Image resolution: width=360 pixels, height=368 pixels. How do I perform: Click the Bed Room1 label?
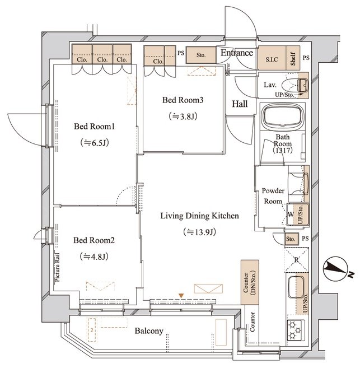coord(94,127)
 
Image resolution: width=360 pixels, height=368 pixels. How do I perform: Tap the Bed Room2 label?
coord(94,240)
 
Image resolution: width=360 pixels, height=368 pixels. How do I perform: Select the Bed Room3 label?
coord(183,100)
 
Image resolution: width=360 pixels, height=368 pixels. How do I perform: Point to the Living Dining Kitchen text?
coord(199,216)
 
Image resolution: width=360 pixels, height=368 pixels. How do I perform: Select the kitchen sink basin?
coord(296,287)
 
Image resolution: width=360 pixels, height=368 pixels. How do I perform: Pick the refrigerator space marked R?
coord(296,260)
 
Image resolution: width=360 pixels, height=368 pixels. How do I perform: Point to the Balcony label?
coord(149,331)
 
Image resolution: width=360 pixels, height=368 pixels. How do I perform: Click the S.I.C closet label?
coord(272,59)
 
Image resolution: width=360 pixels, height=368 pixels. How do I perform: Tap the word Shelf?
coord(293,58)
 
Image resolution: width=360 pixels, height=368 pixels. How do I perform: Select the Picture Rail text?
coord(57,267)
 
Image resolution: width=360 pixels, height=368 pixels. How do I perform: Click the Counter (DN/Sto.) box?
coord(250,282)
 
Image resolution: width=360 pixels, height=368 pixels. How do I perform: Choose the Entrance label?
coord(237,53)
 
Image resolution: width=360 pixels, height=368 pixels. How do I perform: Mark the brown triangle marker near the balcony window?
coord(181,296)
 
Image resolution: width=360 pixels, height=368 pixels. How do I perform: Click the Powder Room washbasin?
coord(298,184)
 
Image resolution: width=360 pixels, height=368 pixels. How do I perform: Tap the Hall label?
coord(240,104)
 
